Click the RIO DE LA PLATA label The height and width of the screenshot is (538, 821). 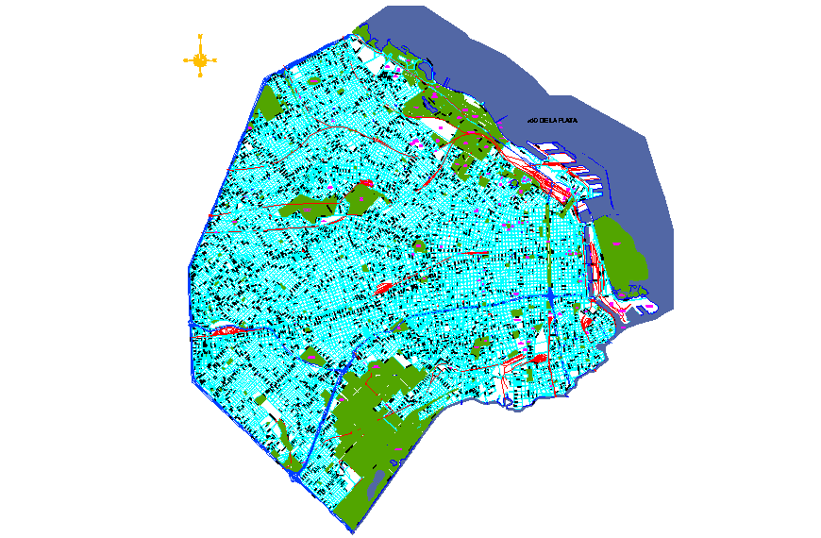pyautogui.click(x=553, y=121)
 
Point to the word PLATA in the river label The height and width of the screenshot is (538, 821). pyautogui.click(x=566, y=121)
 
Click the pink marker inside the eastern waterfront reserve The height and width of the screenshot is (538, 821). pyautogui.click(x=617, y=244)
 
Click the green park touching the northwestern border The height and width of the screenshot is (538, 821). pyautogui.click(x=272, y=104)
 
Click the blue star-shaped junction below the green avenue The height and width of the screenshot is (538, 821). pyautogui.click(x=549, y=296)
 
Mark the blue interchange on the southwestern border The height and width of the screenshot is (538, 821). pyautogui.click(x=295, y=477)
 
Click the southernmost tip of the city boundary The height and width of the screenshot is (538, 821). pyautogui.click(x=353, y=531)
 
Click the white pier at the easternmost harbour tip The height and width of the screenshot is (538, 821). pyautogui.click(x=646, y=308)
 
